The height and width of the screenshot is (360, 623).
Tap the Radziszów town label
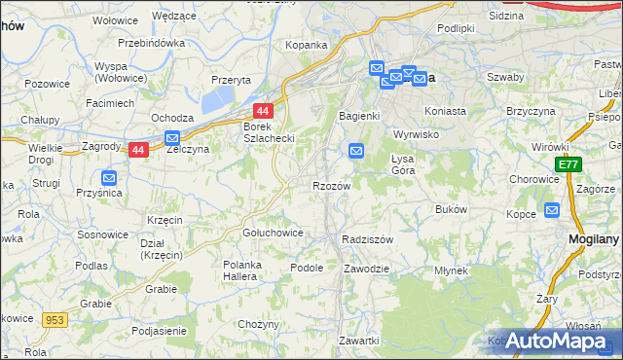click(367, 238)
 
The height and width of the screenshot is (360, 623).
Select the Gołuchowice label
click(273, 234)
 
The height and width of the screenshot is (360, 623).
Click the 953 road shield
click(54, 318)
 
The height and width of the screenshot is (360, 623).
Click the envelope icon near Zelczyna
click(173, 139)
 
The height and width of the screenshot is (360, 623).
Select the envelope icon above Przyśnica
click(109, 178)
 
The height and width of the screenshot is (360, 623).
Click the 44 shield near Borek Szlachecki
click(262, 112)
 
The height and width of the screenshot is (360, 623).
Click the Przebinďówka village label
click(151, 44)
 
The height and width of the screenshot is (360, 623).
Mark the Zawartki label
click(358, 340)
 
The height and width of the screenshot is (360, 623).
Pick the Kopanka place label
click(305, 45)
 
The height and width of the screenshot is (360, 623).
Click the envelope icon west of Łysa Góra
click(356, 151)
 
